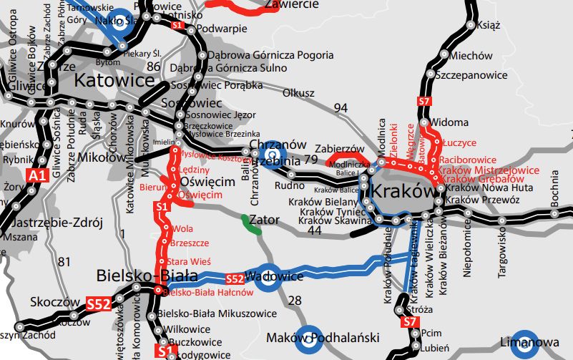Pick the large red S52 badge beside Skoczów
tap(99, 303)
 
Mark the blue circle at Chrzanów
tap(273, 153)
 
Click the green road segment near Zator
tap(250, 223)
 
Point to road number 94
tap(341, 107)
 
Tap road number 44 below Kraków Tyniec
tap(314, 230)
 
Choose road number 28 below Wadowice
tap(294, 301)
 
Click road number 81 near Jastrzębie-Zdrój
tap(65, 261)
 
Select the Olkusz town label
tap(298, 92)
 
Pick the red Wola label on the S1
tap(182, 229)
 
